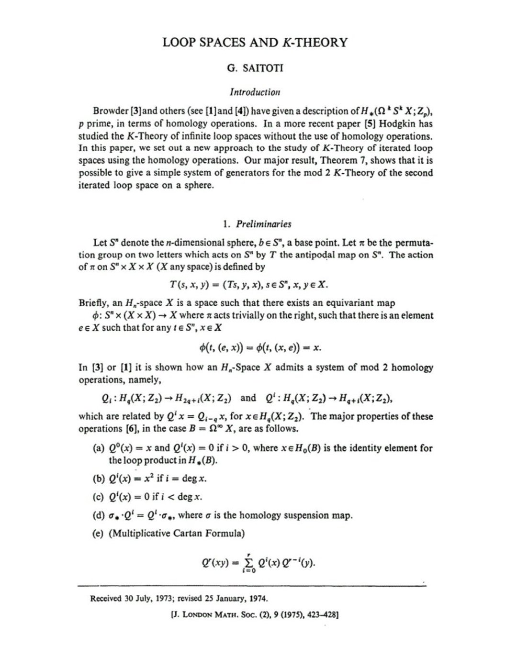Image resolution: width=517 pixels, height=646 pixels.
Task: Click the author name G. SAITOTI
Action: coord(255,68)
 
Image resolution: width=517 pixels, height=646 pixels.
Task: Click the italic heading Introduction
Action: coord(255,91)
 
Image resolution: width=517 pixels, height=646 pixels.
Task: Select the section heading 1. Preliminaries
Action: coord(257,224)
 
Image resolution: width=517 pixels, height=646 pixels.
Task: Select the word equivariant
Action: coord(354,303)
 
